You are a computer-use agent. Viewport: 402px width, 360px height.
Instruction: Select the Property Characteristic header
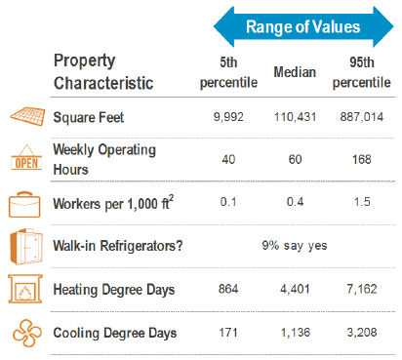pos(102,72)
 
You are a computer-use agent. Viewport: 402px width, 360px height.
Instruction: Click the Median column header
pos(294,72)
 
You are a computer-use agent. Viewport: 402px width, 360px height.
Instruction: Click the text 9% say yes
pos(294,246)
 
